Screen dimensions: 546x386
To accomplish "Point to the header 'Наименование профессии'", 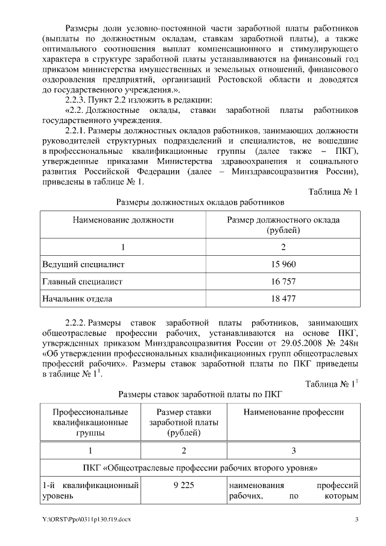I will point(293,412).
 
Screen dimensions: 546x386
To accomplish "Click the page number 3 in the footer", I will point(356,519).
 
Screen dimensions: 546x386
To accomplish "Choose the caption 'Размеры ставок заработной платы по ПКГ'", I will point(200,395).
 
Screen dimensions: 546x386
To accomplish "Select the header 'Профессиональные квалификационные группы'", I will point(90,422).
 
